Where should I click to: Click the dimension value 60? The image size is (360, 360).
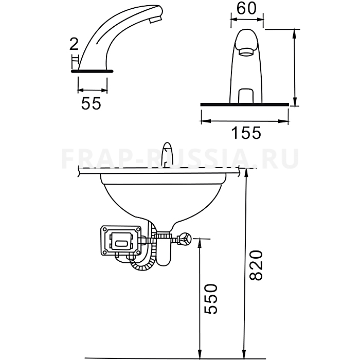coord(246,9)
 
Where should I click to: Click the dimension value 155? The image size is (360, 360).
coord(246,133)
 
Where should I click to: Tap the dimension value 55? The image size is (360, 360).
coord(91,103)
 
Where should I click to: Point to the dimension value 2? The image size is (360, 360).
coord(74,44)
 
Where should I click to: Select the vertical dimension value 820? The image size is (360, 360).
coord(256,265)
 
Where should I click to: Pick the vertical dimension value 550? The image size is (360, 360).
coord(211,299)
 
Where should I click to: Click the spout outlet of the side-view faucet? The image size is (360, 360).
coord(156,20)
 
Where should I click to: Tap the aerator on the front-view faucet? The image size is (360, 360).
coord(246,51)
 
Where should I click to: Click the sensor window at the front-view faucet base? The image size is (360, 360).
coord(246,96)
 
